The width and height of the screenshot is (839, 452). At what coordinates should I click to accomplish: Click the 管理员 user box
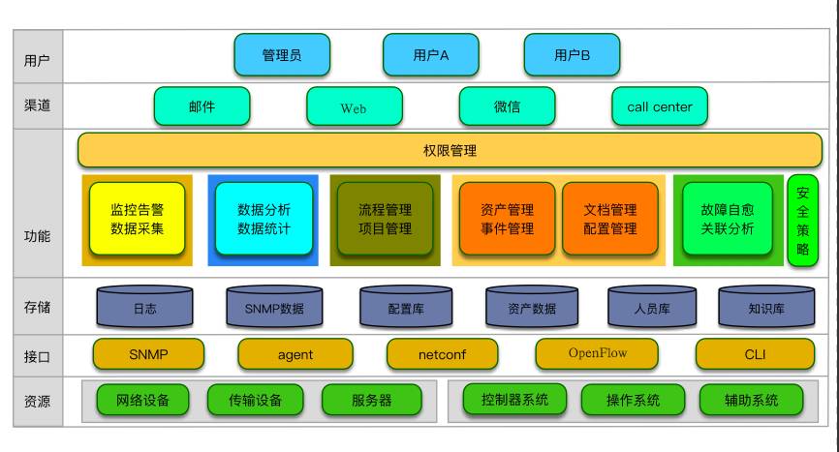click(281, 55)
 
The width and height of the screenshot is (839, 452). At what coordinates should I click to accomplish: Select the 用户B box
click(572, 55)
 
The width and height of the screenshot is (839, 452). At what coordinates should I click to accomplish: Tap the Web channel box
click(354, 106)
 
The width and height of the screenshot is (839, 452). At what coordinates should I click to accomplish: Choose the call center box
click(659, 106)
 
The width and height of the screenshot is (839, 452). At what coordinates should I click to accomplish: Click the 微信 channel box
click(507, 106)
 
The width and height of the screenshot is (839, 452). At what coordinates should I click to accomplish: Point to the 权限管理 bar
click(450, 151)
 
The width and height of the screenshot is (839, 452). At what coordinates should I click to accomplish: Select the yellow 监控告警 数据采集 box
click(137, 219)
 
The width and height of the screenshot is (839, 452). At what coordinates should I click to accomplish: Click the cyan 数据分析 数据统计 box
click(264, 219)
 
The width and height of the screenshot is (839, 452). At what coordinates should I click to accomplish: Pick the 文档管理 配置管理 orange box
click(610, 219)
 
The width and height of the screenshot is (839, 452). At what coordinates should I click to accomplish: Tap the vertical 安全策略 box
click(802, 221)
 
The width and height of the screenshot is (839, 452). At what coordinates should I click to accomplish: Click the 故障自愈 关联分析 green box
click(728, 219)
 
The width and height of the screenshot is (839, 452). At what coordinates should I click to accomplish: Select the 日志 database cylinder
click(144, 307)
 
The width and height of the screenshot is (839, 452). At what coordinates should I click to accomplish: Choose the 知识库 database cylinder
click(766, 307)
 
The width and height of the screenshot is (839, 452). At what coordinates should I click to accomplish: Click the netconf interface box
click(442, 354)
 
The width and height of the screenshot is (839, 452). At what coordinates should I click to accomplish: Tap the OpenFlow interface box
click(597, 353)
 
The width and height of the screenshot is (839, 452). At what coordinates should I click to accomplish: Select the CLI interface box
click(755, 354)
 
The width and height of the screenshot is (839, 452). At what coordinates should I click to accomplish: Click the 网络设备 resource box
click(142, 399)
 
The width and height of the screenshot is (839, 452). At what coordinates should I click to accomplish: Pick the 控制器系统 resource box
click(514, 399)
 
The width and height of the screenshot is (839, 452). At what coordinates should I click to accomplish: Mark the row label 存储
click(37, 307)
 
